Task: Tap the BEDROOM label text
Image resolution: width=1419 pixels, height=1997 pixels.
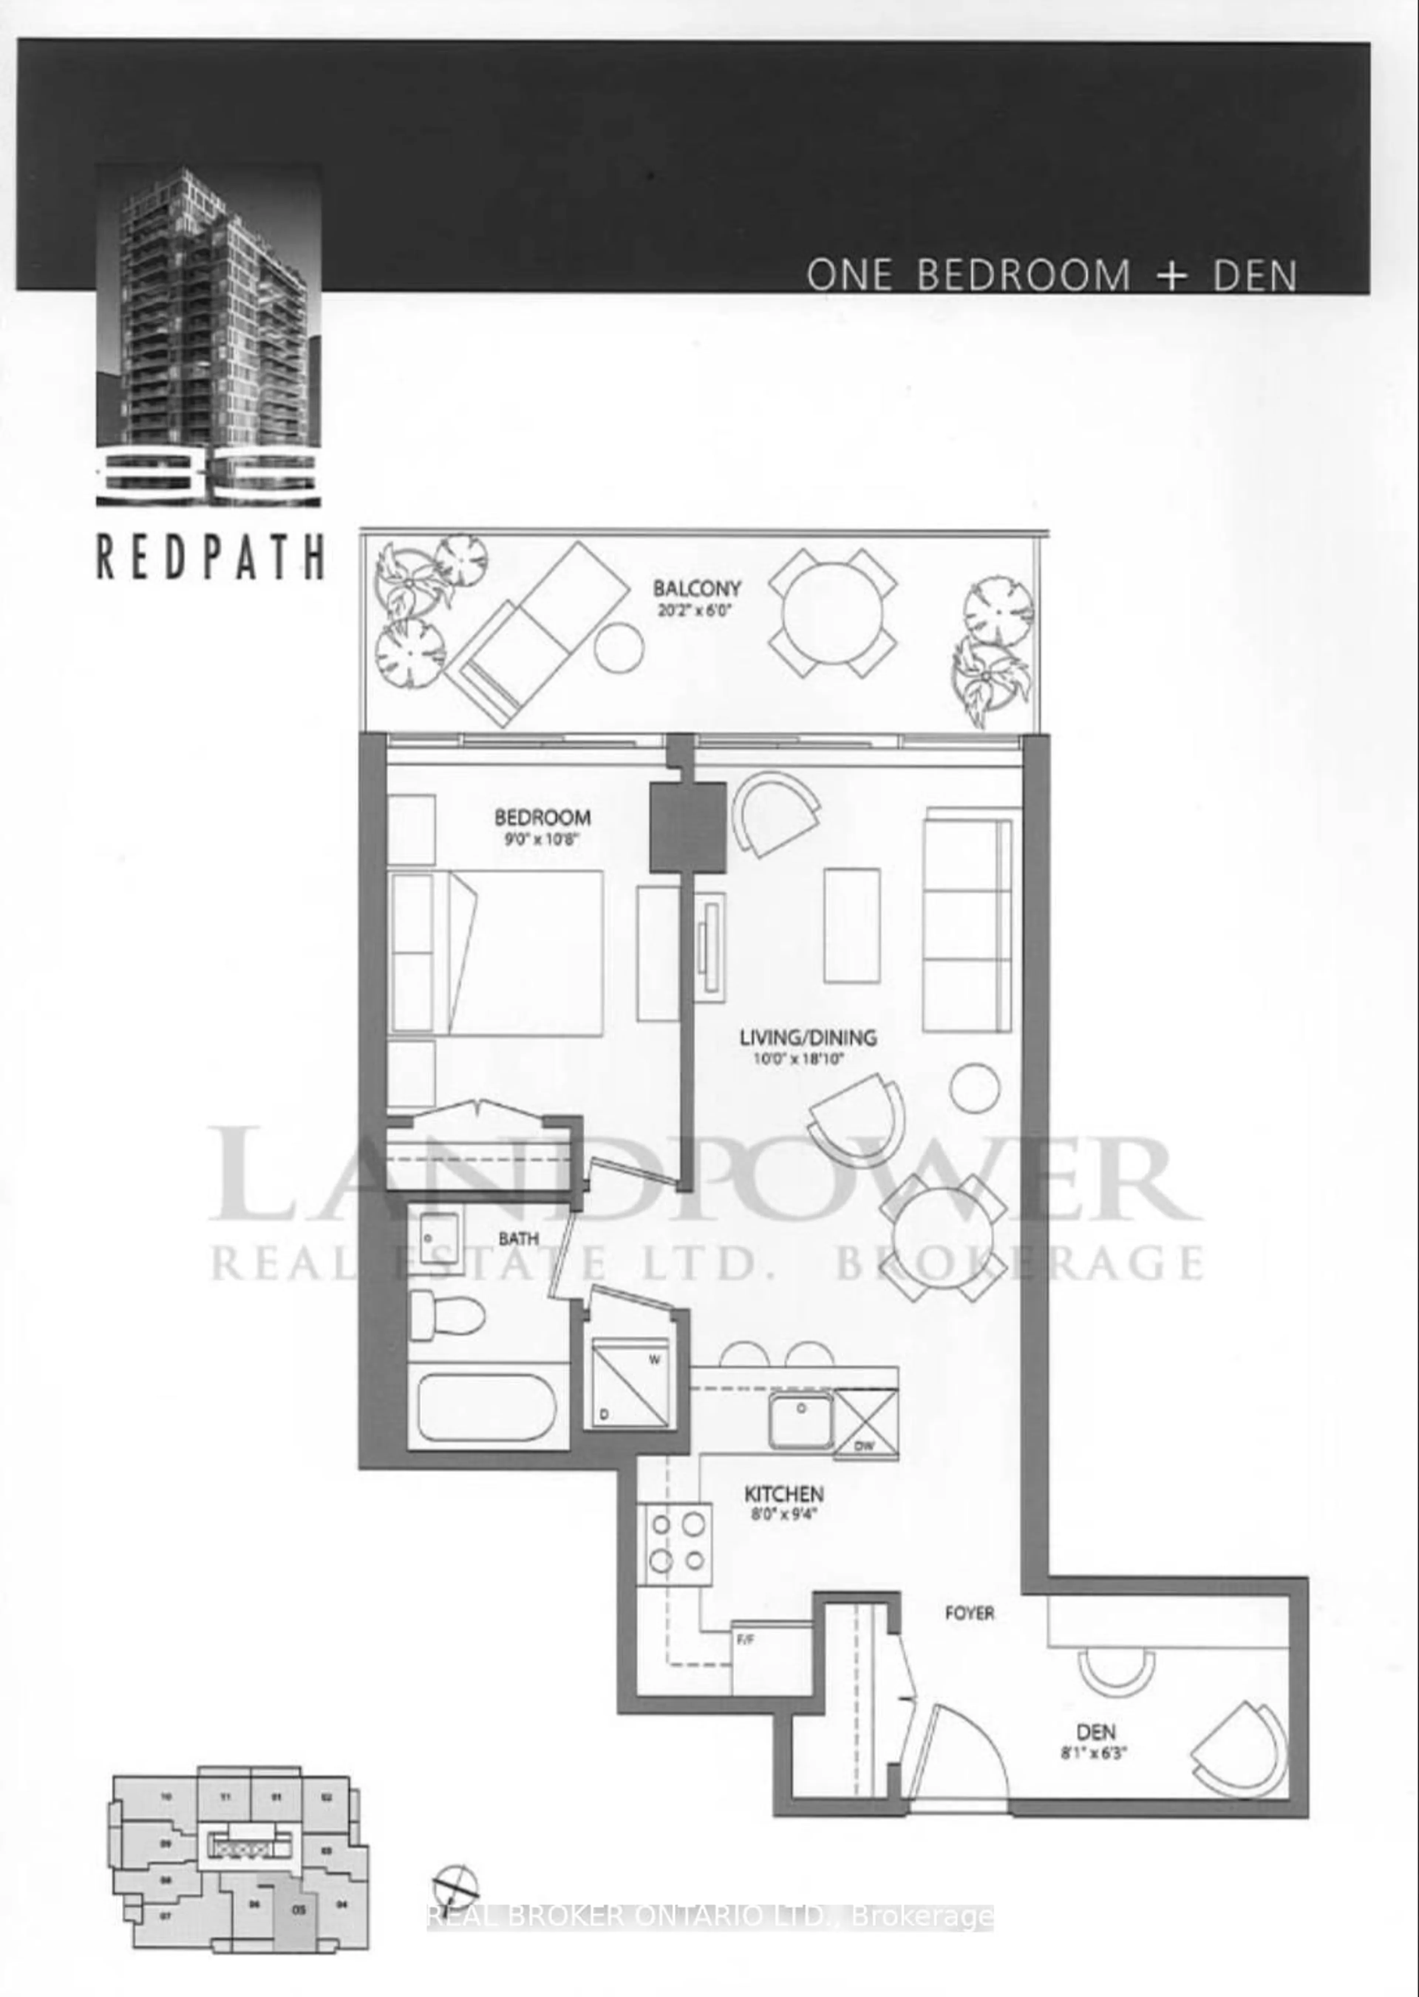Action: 542,818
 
